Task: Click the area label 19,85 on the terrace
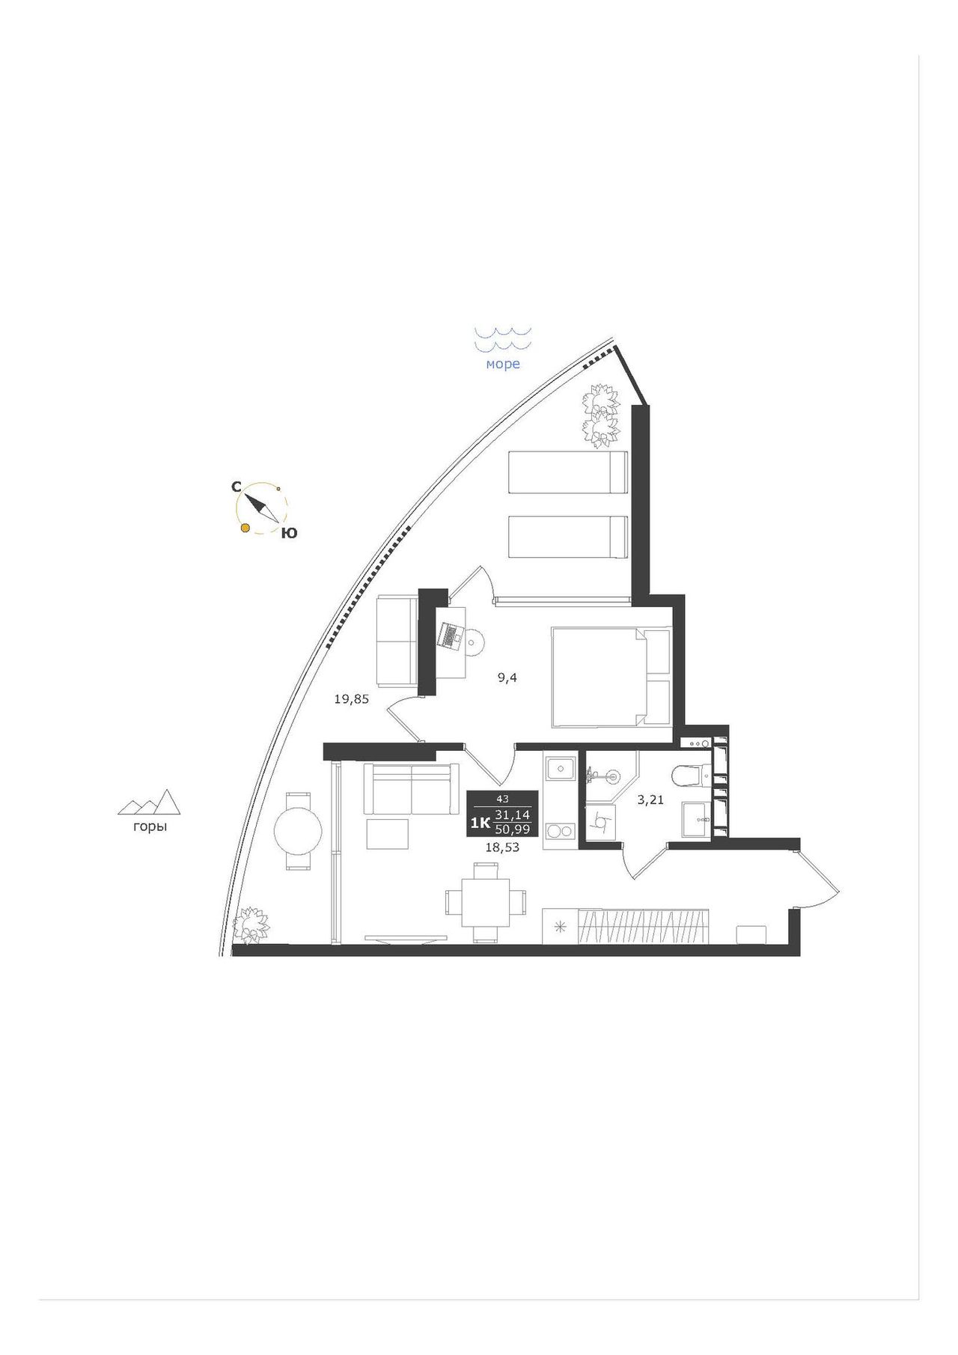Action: point(352,700)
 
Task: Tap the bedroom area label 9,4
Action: point(507,678)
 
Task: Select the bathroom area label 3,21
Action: point(650,800)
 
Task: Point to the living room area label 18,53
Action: point(502,847)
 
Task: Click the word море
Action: point(503,365)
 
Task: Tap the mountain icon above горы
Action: point(150,802)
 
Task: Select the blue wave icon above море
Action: point(503,339)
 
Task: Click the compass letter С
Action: point(236,487)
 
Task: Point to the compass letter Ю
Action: point(289,533)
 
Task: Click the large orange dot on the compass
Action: point(244,529)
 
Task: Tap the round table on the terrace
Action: point(298,831)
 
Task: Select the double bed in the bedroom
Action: point(611,677)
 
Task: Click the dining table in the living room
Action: point(486,902)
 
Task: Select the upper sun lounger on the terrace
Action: point(567,472)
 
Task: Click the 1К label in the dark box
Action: point(480,823)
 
